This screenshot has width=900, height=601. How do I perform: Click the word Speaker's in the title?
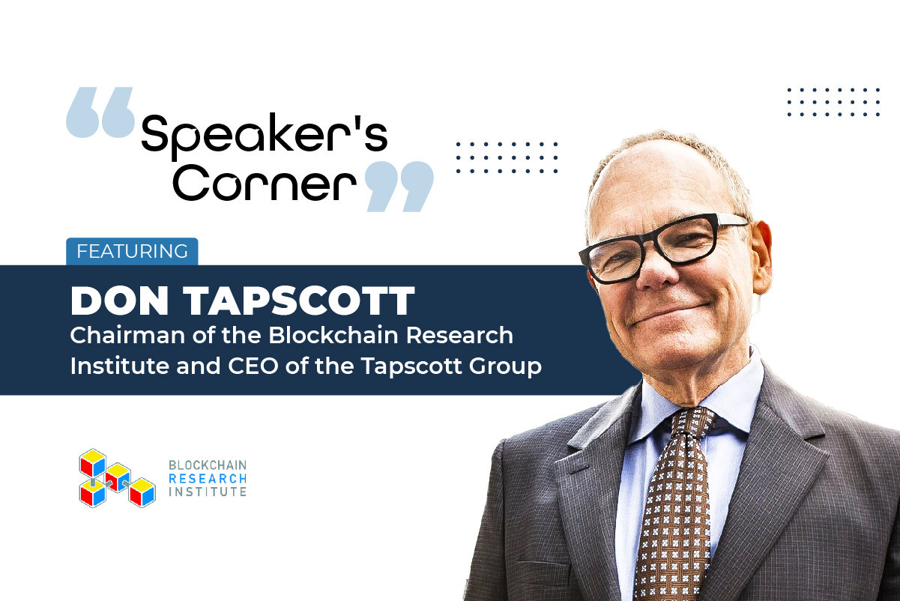tap(264, 136)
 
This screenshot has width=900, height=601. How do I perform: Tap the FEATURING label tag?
tap(132, 251)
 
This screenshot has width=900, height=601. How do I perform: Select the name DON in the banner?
tap(117, 300)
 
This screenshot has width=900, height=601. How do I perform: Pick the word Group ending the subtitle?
tap(508, 368)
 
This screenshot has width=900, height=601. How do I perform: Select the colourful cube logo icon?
tap(116, 477)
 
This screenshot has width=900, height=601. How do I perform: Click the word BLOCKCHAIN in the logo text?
tap(208, 465)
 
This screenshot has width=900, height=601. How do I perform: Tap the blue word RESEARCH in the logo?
tap(208, 479)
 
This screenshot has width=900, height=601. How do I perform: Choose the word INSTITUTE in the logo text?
tap(208, 492)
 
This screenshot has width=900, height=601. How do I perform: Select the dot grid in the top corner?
tap(833, 102)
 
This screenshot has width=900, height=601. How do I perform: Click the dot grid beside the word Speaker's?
tap(507, 157)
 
